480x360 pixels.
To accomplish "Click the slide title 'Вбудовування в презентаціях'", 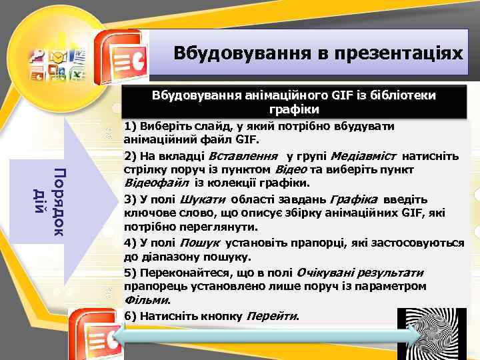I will (x=317, y=51).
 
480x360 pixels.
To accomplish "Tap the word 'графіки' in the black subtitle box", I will (x=294, y=109).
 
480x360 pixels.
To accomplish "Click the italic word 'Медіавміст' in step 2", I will (x=364, y=156).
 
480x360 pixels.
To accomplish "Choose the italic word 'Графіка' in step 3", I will (x=353, y=199).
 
